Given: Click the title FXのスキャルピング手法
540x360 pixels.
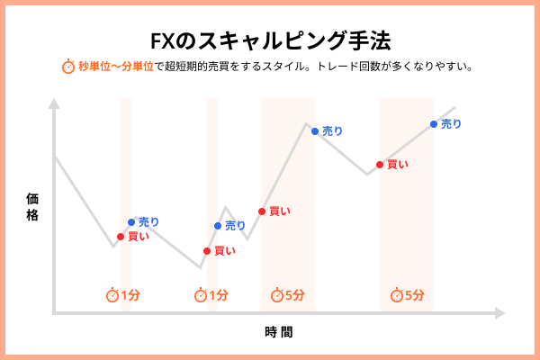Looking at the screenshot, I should (270, 41).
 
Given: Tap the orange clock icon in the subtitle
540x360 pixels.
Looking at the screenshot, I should (68, 67).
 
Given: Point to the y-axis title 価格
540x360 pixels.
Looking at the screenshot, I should (33, 206).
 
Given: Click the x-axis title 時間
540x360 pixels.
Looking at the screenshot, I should (279, 331).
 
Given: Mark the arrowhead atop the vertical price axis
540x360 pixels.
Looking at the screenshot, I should (54, 103).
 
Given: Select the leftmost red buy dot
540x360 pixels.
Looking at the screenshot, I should (121, 237).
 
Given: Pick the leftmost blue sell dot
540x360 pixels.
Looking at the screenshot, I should (131, 221).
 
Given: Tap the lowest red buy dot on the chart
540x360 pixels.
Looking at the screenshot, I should (207, 251).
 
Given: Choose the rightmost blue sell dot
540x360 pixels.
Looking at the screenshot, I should (434, 124).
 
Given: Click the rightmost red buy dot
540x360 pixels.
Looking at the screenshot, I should (379, 164).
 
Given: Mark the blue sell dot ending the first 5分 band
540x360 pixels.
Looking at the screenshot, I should (315, 131).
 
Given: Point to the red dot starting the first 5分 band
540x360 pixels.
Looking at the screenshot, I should (262, 211).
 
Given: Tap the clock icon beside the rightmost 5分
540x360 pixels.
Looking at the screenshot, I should (397, 295).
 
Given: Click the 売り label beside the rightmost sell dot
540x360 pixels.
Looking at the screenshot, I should (451, 124).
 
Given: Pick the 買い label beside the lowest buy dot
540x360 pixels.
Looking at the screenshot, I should (225, 251).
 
